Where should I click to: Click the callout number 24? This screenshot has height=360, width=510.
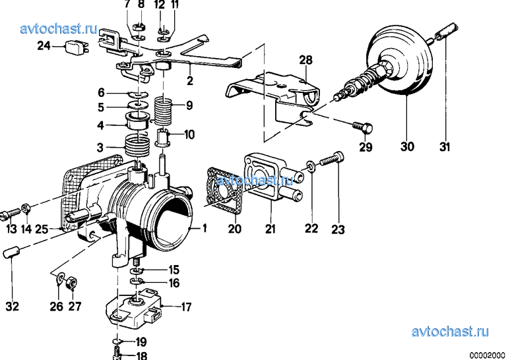[44, 45]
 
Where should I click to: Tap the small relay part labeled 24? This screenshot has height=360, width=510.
[77, 47]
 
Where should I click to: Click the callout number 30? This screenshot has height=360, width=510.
[407, 146]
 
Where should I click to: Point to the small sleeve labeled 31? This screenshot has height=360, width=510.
[447, 32]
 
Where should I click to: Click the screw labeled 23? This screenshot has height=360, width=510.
[332, 158]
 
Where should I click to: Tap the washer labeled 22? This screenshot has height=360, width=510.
[311, 167]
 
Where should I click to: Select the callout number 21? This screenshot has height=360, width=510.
[271, 229]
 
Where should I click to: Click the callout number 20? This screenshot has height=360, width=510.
[234, 229]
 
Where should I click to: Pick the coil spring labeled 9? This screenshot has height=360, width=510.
[162, 111]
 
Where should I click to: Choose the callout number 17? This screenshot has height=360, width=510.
[186, 307]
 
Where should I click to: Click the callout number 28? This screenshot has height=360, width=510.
[305, 60]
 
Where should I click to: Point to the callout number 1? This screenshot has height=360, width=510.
[205, 228]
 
